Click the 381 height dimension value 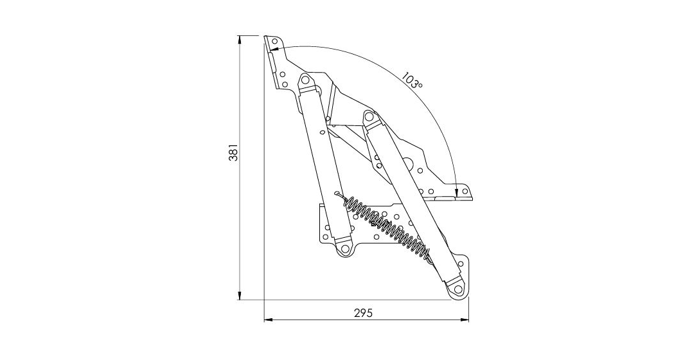(233, 152)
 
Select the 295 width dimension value (363, 313)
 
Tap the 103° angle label (411, 80)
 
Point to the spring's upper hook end (337, 194)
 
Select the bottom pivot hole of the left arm (345, 249)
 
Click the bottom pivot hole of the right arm (457, 289)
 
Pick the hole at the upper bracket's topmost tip (274, 41)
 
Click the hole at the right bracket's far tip (465, 191)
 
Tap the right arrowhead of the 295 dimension (465, 320)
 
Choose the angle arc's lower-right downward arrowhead (456, 192)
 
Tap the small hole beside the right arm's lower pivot (461, 264)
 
